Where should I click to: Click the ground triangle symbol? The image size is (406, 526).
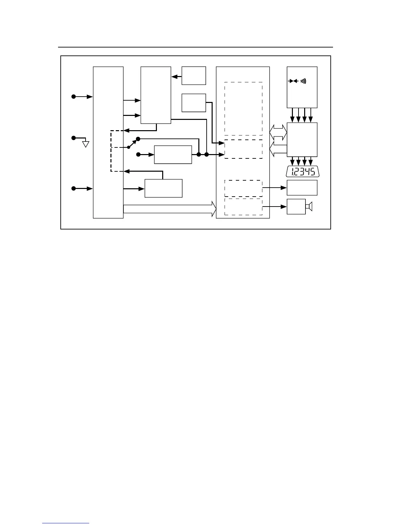coord(86,144)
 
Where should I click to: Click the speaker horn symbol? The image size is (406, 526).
coord(309,207)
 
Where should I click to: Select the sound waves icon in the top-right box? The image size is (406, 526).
coord(304,81)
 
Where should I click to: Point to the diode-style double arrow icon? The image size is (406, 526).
coord(293,81)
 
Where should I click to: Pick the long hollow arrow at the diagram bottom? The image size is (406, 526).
coord(169,209)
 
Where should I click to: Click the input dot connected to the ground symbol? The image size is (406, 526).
coord(74,138)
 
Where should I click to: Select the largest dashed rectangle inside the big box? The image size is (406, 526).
coord(243,109)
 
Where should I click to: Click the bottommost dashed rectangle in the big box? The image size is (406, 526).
coord(243,207)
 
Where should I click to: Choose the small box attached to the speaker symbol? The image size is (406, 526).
coord(296,207)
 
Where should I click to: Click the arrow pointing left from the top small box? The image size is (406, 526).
coord(176,76)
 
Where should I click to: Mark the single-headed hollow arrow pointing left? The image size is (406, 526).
coord(278,149)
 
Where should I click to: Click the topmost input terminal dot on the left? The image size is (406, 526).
coord(74,97)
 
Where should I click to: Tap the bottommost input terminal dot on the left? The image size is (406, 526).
coord(74,189)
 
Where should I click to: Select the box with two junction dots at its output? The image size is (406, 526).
coord(173,154)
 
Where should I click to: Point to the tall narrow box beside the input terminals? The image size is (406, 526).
coord(108,142)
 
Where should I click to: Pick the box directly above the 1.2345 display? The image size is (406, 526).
coord(302,139)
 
